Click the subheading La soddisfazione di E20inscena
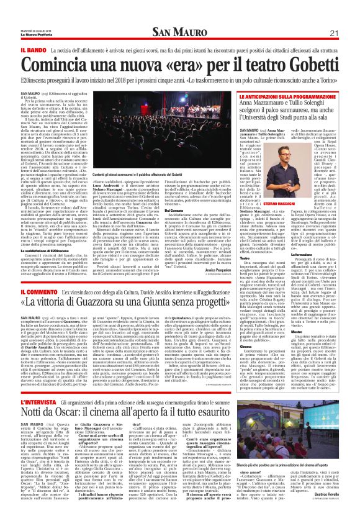[x=40, y=252]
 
